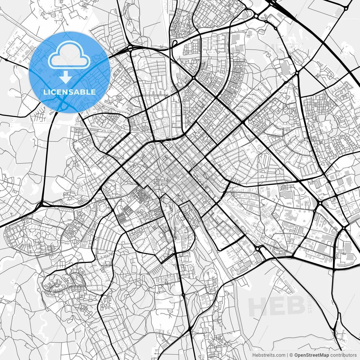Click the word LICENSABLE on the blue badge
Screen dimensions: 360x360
[69, 92]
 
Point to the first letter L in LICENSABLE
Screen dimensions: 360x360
[45, 92]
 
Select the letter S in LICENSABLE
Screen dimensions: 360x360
[71, 92]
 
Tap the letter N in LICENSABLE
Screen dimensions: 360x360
[65, 92]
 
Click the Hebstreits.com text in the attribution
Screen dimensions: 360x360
[269, 355]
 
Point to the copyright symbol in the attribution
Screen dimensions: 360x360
[291, 355]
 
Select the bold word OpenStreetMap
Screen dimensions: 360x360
[312, 355]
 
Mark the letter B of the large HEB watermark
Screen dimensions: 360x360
[296, 306]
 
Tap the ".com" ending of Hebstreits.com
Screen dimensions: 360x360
[280, 355]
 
